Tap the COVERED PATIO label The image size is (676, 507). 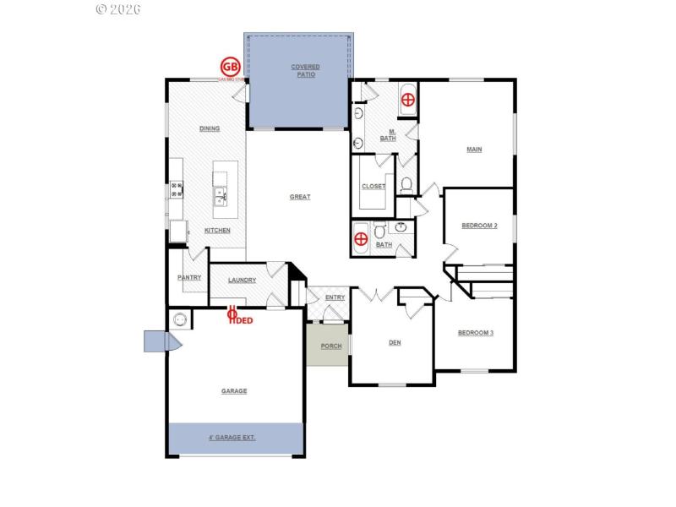coord(305,70)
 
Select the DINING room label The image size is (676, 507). coord(210,128)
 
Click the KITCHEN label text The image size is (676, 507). coord(217,231)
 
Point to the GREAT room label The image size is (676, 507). coord(300,197)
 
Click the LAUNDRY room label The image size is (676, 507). coord(242,281)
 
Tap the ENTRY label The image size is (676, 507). coord(335,297)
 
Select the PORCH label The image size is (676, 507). coord(330,346)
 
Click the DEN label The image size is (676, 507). coord(394,342)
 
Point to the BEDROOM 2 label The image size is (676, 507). coord(478,226)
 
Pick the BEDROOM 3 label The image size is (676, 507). coord(475,333)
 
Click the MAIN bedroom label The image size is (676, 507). coord(474,150)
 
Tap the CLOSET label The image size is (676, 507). coord(373,187)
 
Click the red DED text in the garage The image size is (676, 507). coord(244,320)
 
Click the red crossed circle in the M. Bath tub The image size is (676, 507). coord(407,100)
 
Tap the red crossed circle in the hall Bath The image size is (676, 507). coord(361,238)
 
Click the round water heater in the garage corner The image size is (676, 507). coord(179,319)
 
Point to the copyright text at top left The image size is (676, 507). coord(118,9)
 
